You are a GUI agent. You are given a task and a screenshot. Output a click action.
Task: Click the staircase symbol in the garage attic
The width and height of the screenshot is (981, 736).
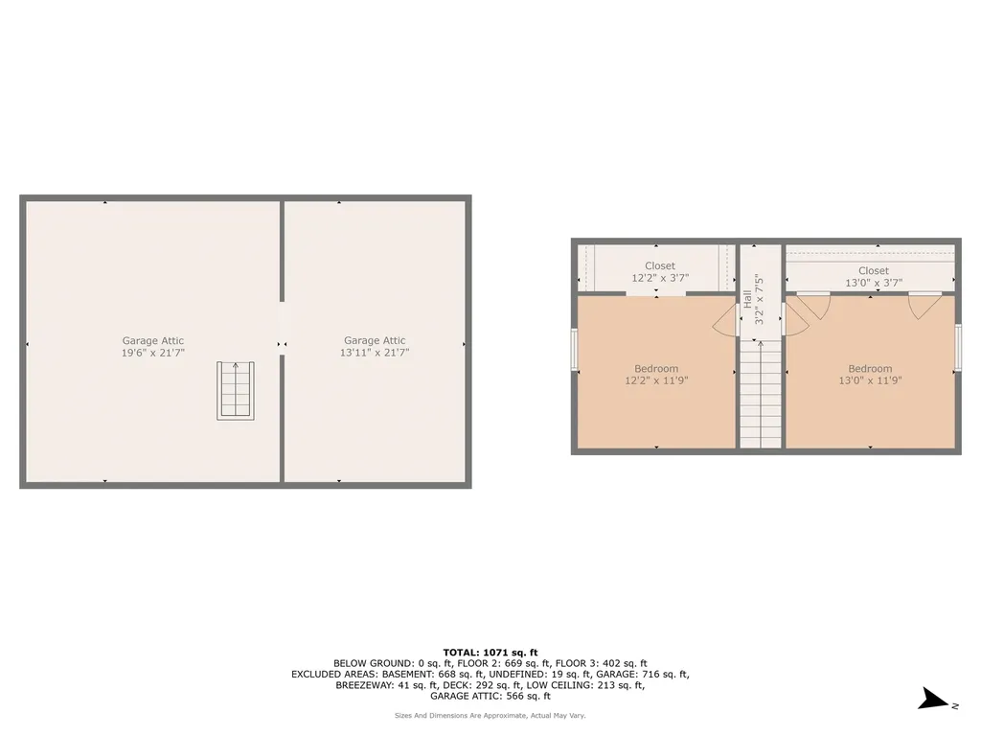coord(236,390)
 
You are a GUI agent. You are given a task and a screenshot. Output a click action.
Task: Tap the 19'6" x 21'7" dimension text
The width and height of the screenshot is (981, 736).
coord(152,353)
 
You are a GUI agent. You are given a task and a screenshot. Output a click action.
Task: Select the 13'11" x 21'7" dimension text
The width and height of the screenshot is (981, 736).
coord(375,353)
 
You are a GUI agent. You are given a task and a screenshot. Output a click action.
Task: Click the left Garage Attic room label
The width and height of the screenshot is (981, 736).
coord(152,340)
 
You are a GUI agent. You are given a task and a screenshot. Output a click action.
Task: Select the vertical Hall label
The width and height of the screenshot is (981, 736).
coord(747,298)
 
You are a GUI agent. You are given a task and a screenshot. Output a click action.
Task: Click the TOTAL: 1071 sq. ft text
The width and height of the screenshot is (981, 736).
coord(490,652)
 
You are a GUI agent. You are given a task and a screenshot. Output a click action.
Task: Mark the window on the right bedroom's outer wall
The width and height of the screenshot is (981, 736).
coord(958,348)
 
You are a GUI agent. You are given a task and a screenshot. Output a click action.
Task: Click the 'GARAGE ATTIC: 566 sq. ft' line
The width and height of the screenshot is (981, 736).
coord(490,697)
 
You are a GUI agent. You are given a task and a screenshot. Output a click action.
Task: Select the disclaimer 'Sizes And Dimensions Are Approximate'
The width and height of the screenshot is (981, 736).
coord(490,715)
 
